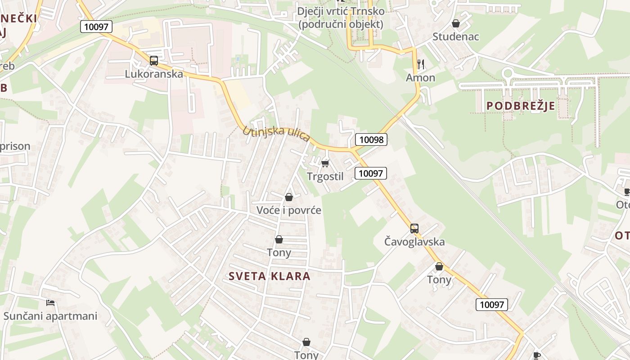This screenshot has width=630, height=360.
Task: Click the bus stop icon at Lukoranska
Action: coord(154,60)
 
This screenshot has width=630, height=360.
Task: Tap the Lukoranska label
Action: coord(154,74)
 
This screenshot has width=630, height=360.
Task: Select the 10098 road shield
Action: coord(371,139)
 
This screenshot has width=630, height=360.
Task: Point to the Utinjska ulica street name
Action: coord(276,134)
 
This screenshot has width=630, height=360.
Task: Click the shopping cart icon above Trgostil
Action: coord(325,163)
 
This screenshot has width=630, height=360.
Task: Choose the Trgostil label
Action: coord(325,176)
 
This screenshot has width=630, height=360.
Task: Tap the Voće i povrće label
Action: coord(289,210)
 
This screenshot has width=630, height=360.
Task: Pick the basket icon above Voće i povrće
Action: coord(289,197)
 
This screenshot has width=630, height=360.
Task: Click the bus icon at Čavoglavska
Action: coord(414,228)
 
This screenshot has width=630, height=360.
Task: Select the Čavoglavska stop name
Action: coord(414,242)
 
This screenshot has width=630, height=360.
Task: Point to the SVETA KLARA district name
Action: coord(270,276)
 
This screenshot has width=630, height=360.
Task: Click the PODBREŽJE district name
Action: coord(521,106)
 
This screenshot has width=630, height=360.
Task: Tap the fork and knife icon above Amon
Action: coord(421,64)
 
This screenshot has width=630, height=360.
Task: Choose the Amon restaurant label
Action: coord(421,78)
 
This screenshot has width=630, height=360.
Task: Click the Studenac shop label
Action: coord(456,36)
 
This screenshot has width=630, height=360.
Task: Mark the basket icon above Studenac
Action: coord(456,23)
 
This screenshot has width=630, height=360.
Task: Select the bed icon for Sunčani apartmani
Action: coord(50,303)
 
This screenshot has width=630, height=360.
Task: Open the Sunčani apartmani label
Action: coord(50,316)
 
